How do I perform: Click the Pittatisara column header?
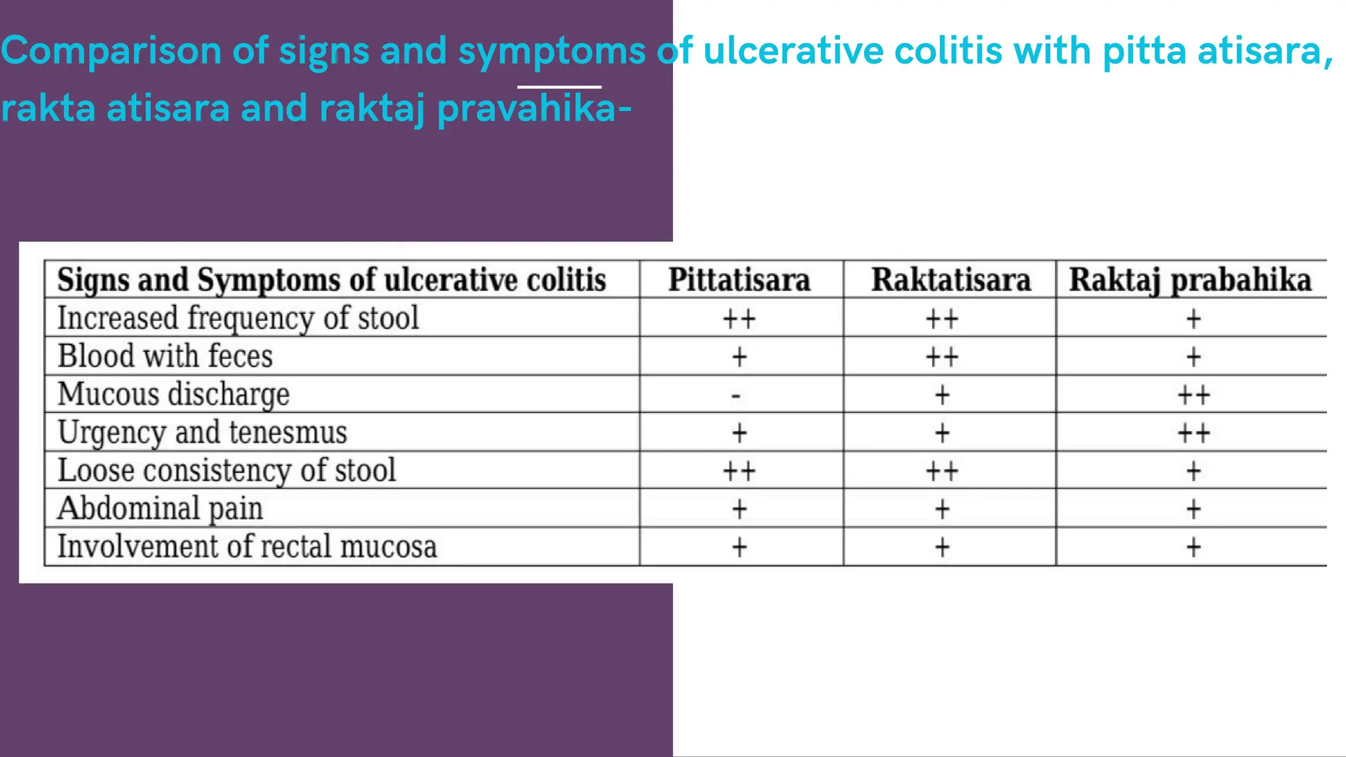tap(739, 280)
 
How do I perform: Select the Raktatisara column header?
tap(950, 280)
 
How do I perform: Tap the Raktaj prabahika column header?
tap(1190, 280)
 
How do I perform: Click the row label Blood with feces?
tap(164, 356)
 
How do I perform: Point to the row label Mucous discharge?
tap(174, 394)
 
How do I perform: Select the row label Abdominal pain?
tap(160, 509)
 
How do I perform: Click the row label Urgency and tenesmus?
tap(202, 432)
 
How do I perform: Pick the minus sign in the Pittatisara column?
tap(736, 396)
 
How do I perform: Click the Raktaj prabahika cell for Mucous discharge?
tap(1194, 396)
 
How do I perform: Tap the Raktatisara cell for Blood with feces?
tap(942, 357)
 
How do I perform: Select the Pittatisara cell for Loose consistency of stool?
tap(739, 471)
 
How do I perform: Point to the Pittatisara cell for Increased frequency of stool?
tap(739, 319)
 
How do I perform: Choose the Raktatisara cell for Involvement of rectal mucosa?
tap(942, 547)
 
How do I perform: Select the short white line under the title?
tap(559, 87)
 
